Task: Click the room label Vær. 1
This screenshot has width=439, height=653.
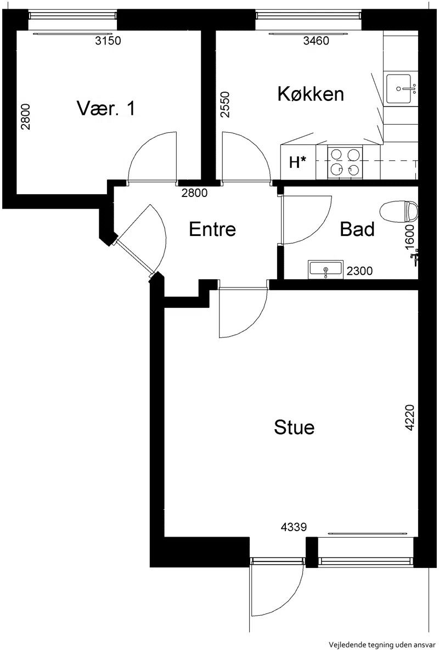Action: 106,108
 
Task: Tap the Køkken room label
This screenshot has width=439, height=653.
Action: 311,94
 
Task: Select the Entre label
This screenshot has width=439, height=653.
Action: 212,229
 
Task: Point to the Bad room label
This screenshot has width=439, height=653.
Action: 357,229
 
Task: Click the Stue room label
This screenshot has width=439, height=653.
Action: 294,427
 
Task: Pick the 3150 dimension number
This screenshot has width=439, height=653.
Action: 108,41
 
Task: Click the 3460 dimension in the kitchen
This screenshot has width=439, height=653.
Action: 316,41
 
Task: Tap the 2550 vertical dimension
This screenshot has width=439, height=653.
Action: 225,104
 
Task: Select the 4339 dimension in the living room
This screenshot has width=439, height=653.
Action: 294,527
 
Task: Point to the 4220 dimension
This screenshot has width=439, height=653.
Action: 410,417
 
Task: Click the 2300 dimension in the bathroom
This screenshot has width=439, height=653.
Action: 359,271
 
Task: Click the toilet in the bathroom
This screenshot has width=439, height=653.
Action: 399,212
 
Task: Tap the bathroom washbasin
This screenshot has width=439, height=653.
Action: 325,270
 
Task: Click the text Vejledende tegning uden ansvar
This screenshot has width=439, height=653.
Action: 382,645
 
